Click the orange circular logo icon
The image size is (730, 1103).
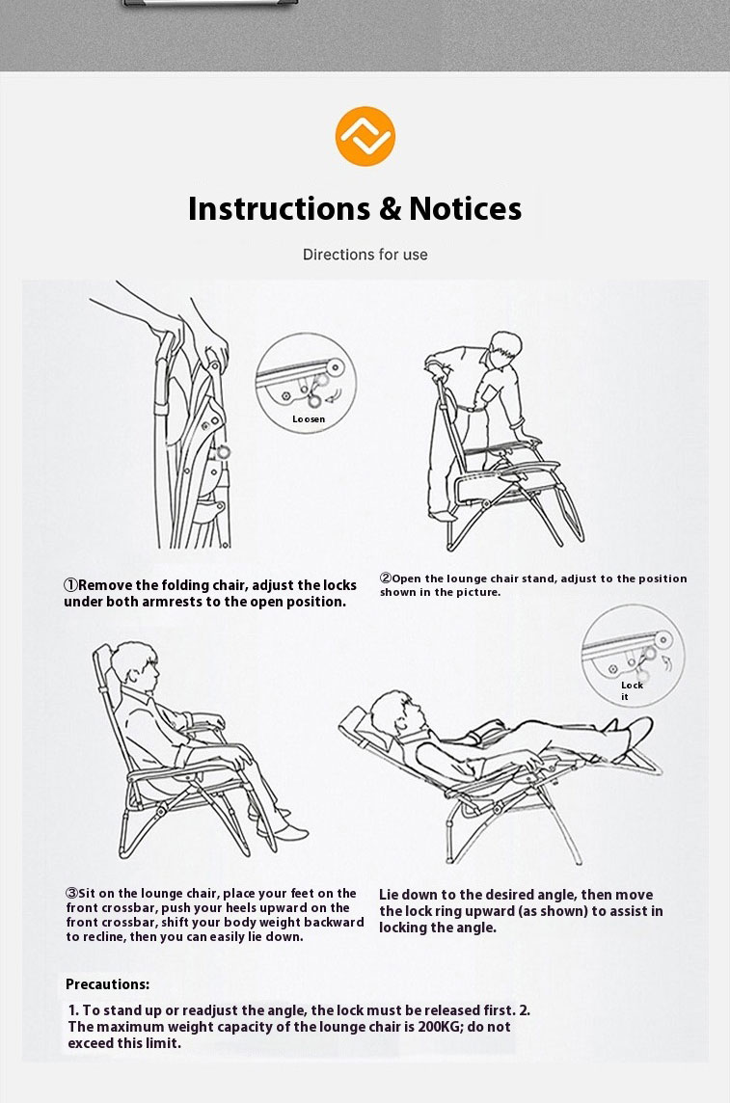pyautogui.click(x=365, y=136)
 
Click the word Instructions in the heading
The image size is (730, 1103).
pyautogui.click(x=280, y=209)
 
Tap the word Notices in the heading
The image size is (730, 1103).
pyautogui.click(x=466, y=209)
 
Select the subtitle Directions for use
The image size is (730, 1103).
pyautogui.click(x=365, y=255)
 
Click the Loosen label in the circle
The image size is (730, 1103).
pyautogui.click(x=309, y=419)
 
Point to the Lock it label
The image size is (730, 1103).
pyautogui.click(x=632, y=690)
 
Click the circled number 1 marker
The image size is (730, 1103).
pyautogui.click(x=70, y=585)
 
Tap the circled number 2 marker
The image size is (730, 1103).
pyautogui.click(x=386, y=578)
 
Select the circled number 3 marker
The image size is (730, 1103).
pyautogui.click(x=71, y=894)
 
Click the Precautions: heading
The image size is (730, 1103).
pyautogui.click(x=108, y=984)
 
